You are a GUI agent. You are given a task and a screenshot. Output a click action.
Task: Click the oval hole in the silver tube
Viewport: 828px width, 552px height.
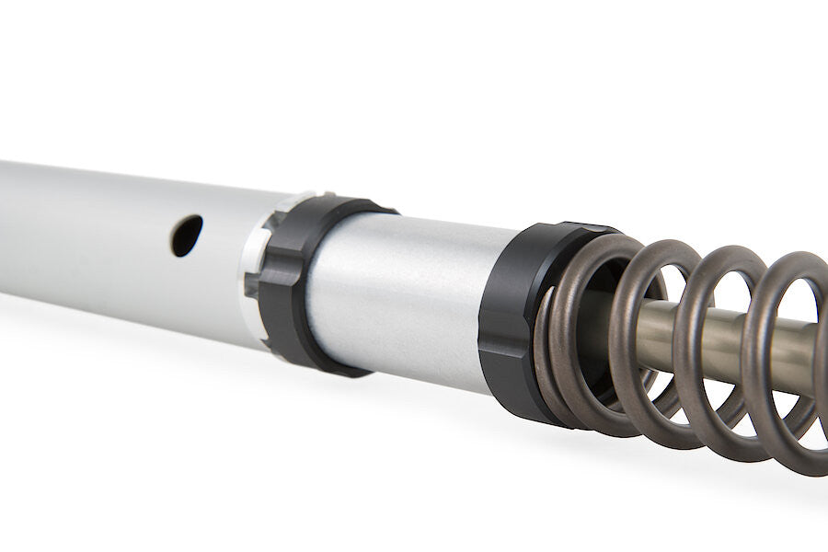pyautogui.click(x=187, y=236)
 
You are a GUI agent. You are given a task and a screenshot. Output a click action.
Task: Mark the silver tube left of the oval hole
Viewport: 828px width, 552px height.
pyautogui.click(x=83, y=230)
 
